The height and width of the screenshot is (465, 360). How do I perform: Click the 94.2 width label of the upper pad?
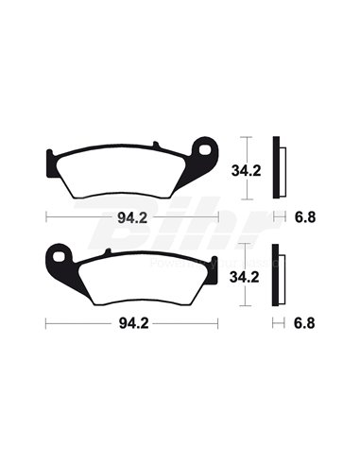[x=132, y=217]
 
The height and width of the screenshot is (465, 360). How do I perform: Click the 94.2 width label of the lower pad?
[x=132, y=322]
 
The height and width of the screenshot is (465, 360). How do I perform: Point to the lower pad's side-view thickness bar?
[x=278, y=278]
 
